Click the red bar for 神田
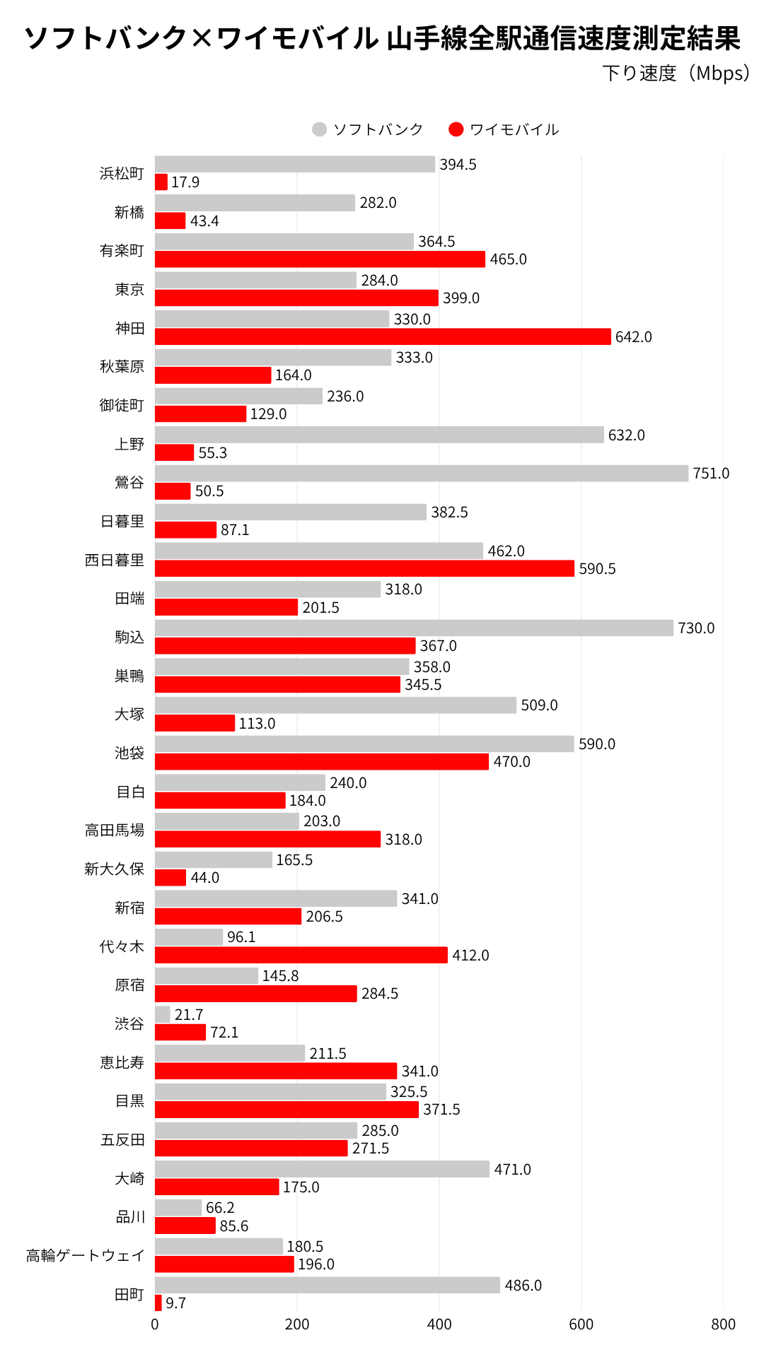[x=383, y=336]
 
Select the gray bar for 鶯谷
[x=422, y=474]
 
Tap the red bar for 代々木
[x=301, y=955]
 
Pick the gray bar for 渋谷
[x=163, y=1014]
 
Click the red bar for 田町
[x=158, y=1303]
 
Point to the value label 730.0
[x=696, y=628]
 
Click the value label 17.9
[x=185, y=182]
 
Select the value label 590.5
[x=597, y=569]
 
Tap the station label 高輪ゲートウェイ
[x=86, y=1255]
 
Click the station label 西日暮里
[x=115, y=560]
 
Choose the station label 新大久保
[x=115, y=869]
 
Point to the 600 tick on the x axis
[x=581, y=1324]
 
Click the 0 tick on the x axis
[x=155, y=1324]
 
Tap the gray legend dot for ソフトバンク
[x=319, y=129]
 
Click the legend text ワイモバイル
[x=514, y=129]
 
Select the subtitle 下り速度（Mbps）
[x=676, y=74]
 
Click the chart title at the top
[x=382, y=38]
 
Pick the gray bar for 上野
[x=379, y=435]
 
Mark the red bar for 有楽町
[x=320, y=259]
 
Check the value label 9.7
[x=176, y=1303]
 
